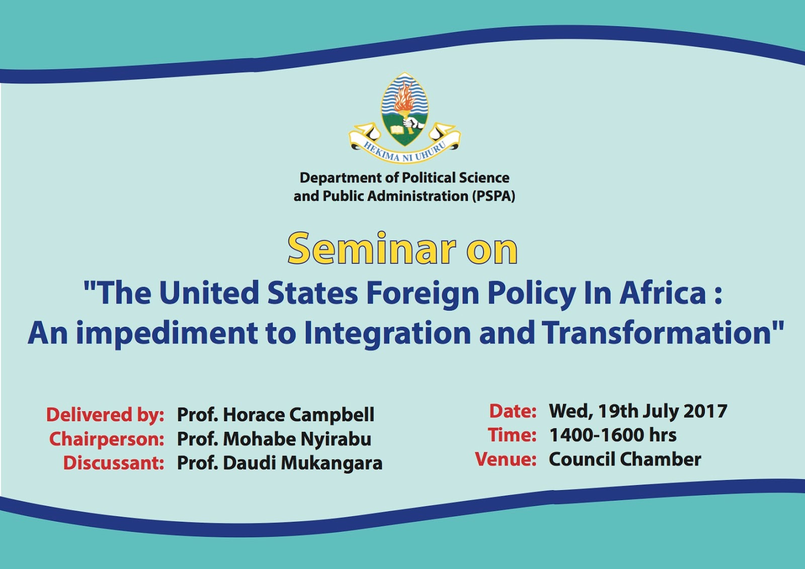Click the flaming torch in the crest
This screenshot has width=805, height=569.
tap(405, 104)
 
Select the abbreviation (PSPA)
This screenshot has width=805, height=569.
tap(493, 197)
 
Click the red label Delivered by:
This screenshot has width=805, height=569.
tap(105, 415)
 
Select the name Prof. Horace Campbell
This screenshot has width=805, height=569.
tap(276, 415)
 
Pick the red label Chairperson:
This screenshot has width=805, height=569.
tap(106, 439)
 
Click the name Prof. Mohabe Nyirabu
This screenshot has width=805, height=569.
tap(274, 439)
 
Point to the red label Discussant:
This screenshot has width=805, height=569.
tap(114, 463)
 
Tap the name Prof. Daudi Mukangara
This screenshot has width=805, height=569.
tap(280, 463)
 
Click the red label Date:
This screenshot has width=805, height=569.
tap(513, 411)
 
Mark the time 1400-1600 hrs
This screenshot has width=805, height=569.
tap(613, 435)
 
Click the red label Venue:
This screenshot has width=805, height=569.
tap(506, 459)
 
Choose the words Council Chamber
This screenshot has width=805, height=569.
tap(625, 459)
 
